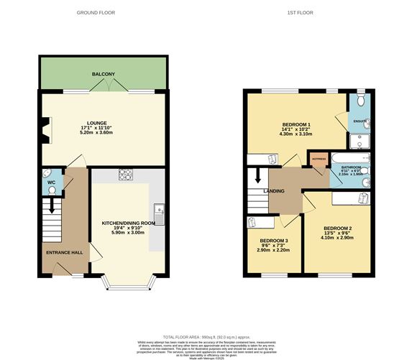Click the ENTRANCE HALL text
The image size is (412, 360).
point(65,253)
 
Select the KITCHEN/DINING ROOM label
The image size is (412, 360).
point(129,223)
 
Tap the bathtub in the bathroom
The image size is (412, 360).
point(349,157)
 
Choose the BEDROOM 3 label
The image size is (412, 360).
point(274,240)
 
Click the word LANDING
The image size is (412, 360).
point(273,191)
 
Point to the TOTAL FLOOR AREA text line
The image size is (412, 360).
point(206,336)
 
